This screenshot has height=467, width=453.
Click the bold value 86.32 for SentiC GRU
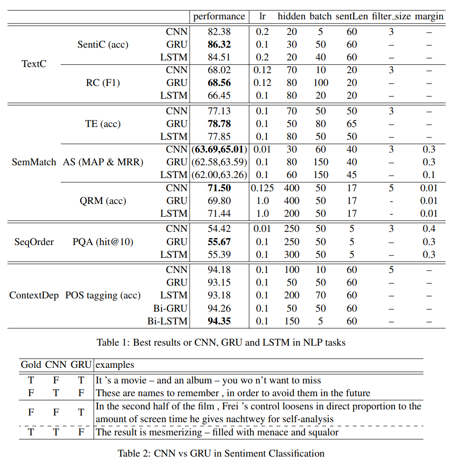pyautogui.click(x=219, y=45)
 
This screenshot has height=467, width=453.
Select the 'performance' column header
pyautogui.click(x=219, y=17)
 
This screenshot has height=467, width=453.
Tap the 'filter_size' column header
pyautogui.click(x=391, y=17)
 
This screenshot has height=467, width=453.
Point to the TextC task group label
pyautogui.click(x=34, y=64)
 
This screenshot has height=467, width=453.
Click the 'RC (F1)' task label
pyautogui.click(x=102, y=83)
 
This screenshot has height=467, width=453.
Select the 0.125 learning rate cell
pyautogui.click(x=262, y=188)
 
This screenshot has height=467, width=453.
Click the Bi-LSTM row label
pyautogui.click(x=168, y=321)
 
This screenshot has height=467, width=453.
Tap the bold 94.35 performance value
pyautogui.click(x=219, y=321)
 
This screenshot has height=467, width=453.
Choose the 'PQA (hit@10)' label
pyautogui.click(x=102, y=242)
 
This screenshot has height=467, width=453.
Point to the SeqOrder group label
pyautogui.click(x=34, y=242)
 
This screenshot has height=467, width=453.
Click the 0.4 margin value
pyautogui.click(x=428, y=229)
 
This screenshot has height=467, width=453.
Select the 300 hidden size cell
pyautogui.click(x=292, y=255)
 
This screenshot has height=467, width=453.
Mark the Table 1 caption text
pyautogui.click(x=221, y=342)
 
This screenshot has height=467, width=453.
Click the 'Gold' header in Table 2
pyautogui.click(x=31, y=365)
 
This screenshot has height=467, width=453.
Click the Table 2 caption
pyautogui.click(x=221, y=453)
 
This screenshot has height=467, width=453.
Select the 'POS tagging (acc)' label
pyautogui.click(x=102, y=296)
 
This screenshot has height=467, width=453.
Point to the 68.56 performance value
pyautogui.click(x=219, y=83)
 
